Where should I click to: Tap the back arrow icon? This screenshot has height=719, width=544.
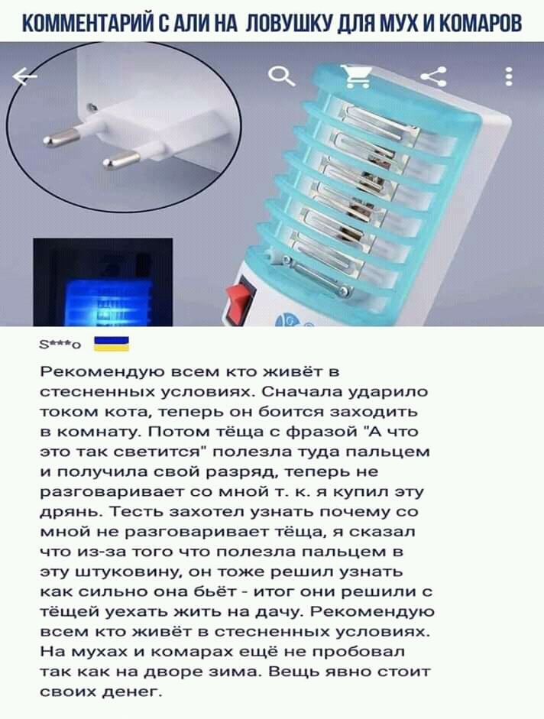coord(24,76)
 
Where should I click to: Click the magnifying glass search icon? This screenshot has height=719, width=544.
coord(282,76)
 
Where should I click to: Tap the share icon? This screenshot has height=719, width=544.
coord(435,76)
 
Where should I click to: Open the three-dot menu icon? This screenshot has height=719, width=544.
coord(508,76)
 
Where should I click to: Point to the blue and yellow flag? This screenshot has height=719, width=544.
coord(112,343)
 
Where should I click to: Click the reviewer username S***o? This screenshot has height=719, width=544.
coord(61,345)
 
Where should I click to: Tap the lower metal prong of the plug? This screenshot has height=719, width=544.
coord(121,160)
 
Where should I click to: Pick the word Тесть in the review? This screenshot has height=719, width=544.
coord(138,511)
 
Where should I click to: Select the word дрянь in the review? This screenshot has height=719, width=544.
coord(72,512)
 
